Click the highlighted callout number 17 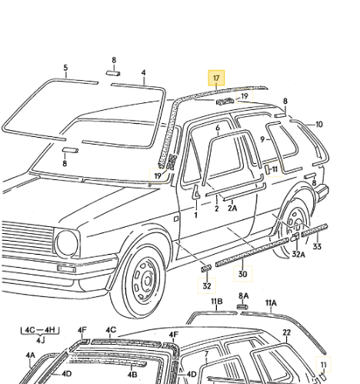(216, 78)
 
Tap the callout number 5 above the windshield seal (65, 68)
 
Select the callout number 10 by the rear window (319, 124)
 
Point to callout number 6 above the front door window (218, 128)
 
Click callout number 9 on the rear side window (262, 139)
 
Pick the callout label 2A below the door (233, 209)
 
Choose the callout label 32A (298, 253)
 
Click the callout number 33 (317, 246)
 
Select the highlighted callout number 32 (206, 285)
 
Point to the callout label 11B (217, 301)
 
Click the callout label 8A (243, 296)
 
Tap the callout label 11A (270, 302)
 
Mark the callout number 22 (286, 332)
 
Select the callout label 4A (31, 356)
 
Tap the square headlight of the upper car (67, 244)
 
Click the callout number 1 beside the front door (195, 215)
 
